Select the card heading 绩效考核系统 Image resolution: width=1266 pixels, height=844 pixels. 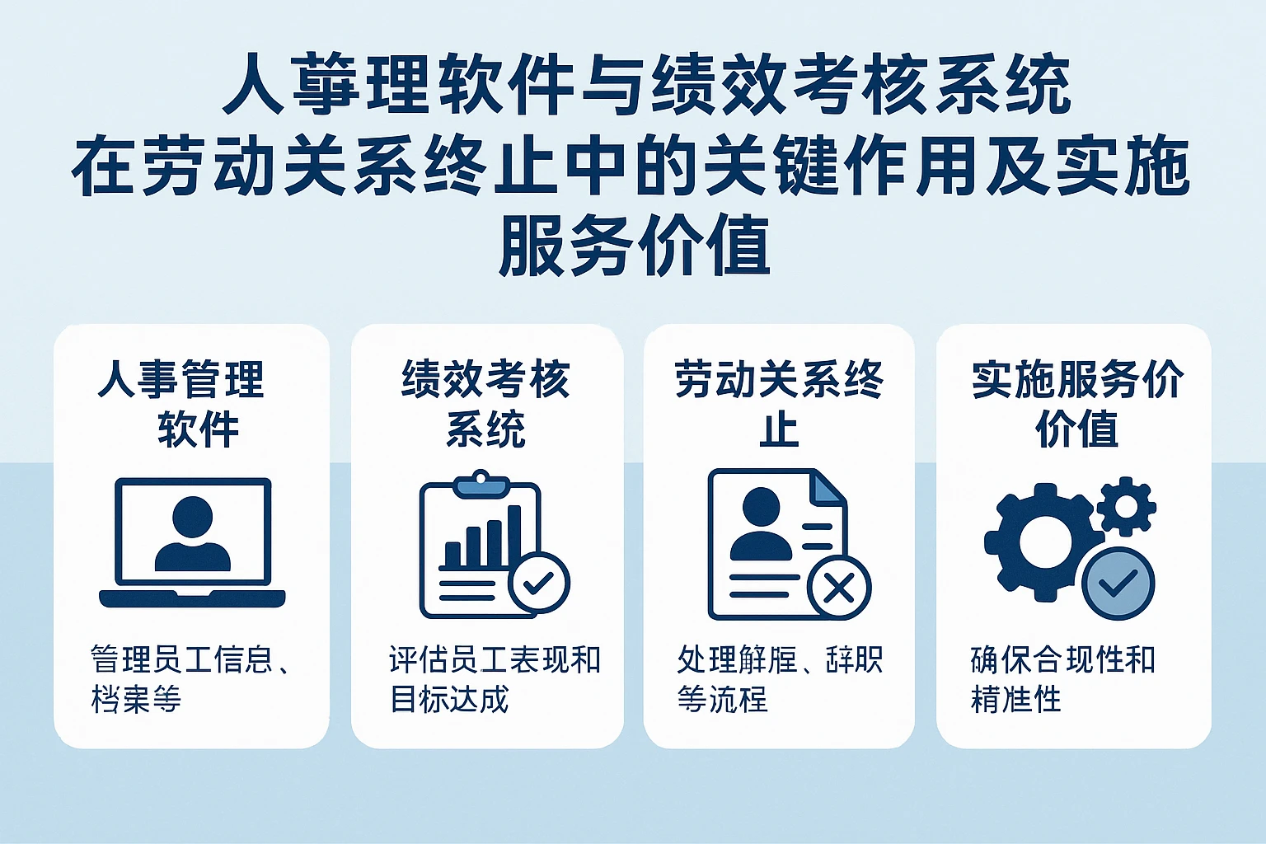(x=485, y=404)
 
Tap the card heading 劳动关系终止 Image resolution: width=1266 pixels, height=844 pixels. (x=779, y=404)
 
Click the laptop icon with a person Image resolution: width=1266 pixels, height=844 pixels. (x=192, y=542)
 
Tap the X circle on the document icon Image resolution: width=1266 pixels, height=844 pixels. (x=839, y=588)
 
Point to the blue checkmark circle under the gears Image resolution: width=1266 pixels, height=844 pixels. (x=1118, y=583)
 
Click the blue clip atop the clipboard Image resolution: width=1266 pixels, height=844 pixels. (x=480, y=483)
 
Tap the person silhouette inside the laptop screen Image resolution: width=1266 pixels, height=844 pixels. (x=192, y=534)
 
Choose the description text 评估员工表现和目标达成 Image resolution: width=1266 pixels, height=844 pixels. (x=495, y=679)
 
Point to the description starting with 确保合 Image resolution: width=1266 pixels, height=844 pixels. (x=1063, y=679)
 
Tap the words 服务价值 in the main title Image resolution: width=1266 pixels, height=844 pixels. (x=634, y=245)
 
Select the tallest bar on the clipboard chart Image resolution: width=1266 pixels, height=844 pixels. (x=514, y=536)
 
